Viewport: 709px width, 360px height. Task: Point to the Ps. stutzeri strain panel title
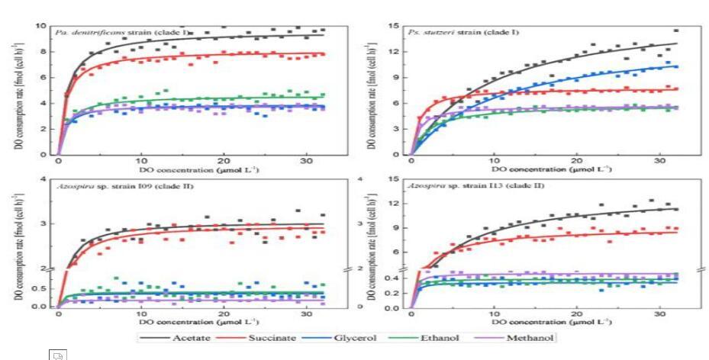[x=440, y=31]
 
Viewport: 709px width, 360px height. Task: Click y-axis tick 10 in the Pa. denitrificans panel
[x=44, y=25]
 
